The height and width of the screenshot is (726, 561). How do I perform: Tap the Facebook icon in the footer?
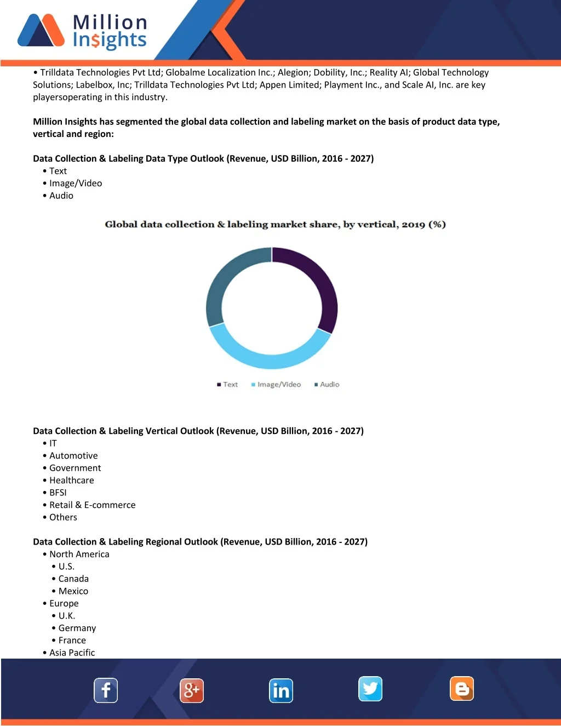[106, 690]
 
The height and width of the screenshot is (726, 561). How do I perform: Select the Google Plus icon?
[192, 690]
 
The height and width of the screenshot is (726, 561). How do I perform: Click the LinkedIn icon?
[281, 690]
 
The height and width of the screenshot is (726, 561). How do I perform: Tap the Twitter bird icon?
[370, 689]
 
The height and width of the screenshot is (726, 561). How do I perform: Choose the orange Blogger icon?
[462, 689]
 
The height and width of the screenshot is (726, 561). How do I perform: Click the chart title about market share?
[275, 225]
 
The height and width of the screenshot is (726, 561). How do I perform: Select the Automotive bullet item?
[73, 456]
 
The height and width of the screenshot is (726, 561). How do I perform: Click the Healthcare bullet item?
[71, 481]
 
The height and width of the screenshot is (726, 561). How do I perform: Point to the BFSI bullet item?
[58, 493]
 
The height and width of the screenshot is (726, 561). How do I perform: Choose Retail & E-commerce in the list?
[92, 505]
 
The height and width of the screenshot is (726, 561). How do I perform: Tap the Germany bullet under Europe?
[77, 628]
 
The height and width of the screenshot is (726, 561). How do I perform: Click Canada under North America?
[73, 579]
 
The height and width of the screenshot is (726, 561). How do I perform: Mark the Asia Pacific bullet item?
[72, 653]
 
